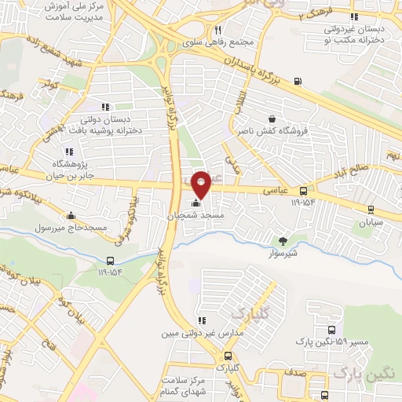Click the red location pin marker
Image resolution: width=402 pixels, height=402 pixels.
(201, 184)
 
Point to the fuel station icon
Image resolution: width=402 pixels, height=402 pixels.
(297, 81)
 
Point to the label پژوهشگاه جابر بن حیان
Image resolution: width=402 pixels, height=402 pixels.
(46, 169)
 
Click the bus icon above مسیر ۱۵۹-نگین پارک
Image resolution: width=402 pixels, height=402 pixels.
(332, 331)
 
